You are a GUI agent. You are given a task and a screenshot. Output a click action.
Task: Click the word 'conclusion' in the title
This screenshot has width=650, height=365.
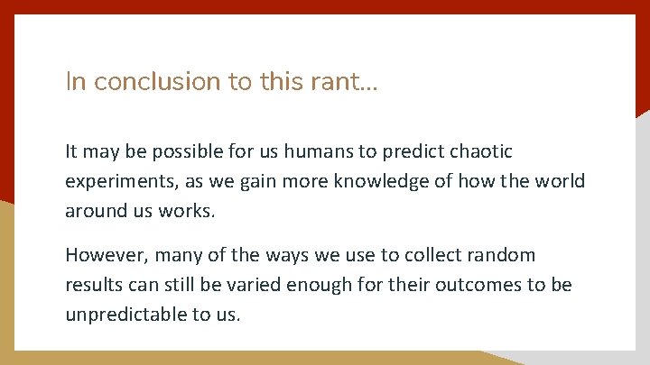point(157,82)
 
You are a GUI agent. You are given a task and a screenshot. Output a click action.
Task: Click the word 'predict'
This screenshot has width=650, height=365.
point(403,151)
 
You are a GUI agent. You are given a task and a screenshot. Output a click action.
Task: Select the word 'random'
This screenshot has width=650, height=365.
point(503,255)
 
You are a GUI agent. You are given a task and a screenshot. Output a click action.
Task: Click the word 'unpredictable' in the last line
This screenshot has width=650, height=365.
point(128,315)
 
